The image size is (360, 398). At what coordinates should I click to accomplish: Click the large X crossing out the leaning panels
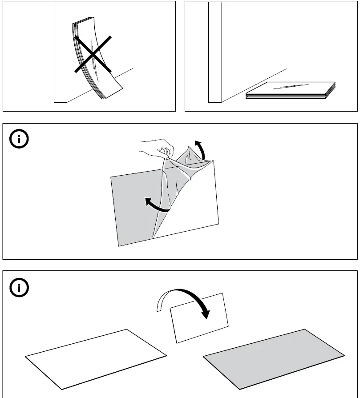coord(92,55)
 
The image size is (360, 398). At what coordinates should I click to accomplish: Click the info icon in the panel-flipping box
coord(19,288)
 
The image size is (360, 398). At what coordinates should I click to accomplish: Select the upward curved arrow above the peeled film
coord(202,149)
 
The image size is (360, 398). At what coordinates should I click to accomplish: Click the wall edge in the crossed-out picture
coord(61,53)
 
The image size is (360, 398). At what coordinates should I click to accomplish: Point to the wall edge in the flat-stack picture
coord(215,53)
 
